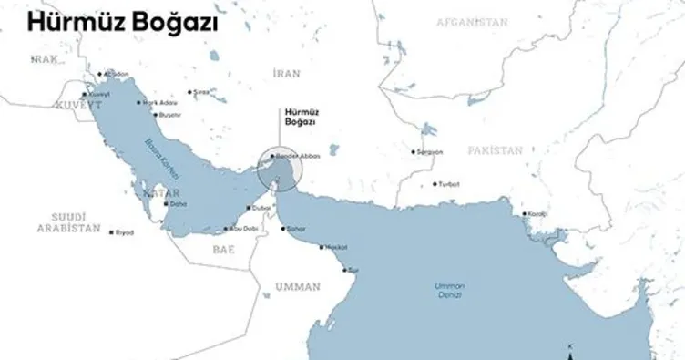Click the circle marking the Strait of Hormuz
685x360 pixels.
point(278,168)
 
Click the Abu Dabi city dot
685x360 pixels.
point(228,228)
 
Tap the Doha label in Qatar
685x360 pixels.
point(178,203)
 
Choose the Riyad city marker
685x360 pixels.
point(111,231)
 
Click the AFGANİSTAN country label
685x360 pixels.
point(470,20)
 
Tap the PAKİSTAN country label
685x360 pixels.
point(496,148)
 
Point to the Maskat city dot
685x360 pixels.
point(318,247)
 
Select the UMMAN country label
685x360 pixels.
point(298,286)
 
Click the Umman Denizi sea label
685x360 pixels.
point(448,292)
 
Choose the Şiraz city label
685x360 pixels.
point(200,92)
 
